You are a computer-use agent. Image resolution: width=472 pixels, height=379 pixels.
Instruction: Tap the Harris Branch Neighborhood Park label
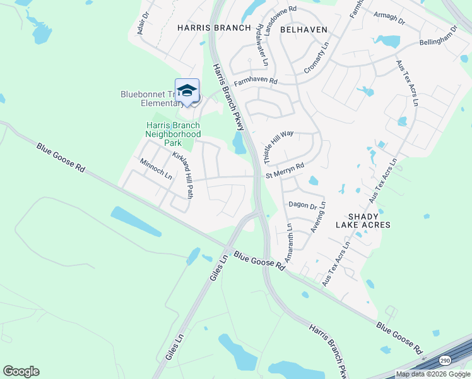coord(173,134)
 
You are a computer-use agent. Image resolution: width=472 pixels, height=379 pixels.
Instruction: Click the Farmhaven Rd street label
coord(256,81)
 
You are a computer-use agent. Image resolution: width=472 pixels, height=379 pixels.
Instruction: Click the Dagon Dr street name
coord(302,205)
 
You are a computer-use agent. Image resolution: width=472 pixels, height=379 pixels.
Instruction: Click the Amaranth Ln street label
coord(288,243)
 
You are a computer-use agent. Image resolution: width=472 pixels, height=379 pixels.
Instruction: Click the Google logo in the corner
coord(21,371)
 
